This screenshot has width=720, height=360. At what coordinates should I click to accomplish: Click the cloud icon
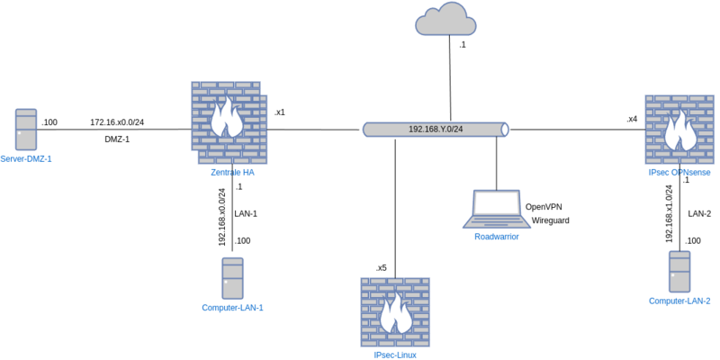coord(445,20)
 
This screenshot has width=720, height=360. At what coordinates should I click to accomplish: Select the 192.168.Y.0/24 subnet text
coord(436,130)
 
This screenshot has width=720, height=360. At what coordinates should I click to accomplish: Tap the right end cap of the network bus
coord(505,130)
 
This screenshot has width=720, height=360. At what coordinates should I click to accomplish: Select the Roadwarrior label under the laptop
coord(497,236)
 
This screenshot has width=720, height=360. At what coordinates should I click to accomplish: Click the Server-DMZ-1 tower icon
coord(26,130)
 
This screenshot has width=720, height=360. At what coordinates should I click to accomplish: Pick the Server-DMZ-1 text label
coord(26,159)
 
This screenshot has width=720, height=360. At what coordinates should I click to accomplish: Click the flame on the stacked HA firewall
coord(226,118)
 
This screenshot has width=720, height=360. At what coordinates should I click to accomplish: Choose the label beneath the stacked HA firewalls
coord(232,172)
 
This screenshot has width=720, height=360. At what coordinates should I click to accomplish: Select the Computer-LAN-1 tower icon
coord(232,278)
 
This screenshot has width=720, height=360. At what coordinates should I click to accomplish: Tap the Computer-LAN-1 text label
coord(232,308)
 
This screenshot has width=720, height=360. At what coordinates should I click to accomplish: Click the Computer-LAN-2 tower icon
coord(679,271)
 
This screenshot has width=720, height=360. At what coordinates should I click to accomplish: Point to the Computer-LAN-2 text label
coord(679,301)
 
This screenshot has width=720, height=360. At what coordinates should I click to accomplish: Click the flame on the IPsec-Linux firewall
coord(395,314)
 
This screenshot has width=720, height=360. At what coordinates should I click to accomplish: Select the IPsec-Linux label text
coord(395,355)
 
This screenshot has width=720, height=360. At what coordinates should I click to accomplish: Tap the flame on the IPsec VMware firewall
coord(679,131)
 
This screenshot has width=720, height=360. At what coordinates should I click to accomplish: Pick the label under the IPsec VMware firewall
coord(679,172)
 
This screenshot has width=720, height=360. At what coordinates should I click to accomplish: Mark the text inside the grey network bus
coord(436,130)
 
